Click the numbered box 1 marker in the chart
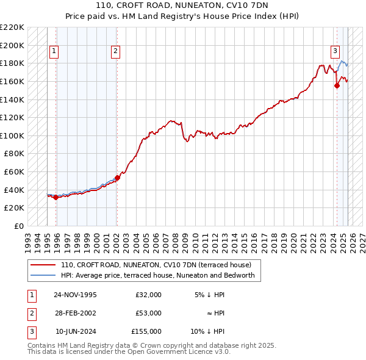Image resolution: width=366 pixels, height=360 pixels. [54, 52]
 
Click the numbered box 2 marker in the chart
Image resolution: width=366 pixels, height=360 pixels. [115, 52]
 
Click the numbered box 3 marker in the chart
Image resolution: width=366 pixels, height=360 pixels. [335, 52]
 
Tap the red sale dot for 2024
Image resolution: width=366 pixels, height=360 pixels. [336, 86]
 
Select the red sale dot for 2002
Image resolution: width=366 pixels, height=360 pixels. [117, 178]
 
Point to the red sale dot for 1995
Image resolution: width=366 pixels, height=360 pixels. [56, 197]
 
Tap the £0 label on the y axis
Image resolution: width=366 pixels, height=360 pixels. [18, 226]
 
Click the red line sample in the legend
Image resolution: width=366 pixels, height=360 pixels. [43, 265]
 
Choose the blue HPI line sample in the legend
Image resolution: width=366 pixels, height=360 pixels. [43, 275]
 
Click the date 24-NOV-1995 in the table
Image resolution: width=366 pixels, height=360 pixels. [75, 295]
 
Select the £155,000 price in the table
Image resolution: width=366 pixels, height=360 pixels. [146, 331]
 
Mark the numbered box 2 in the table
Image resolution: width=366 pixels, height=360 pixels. [32, 313]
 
